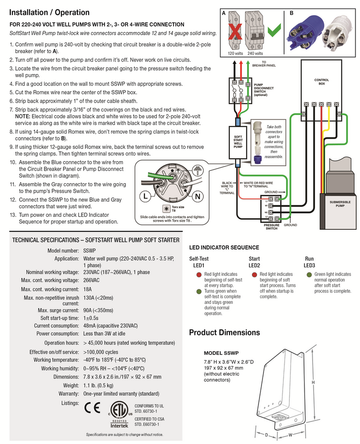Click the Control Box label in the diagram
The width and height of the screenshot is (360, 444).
321,82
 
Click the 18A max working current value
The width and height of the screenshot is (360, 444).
87,289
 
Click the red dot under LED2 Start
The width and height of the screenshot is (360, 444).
254,274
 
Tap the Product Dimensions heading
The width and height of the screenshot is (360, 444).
224,332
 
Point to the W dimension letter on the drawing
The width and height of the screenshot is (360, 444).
290,434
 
